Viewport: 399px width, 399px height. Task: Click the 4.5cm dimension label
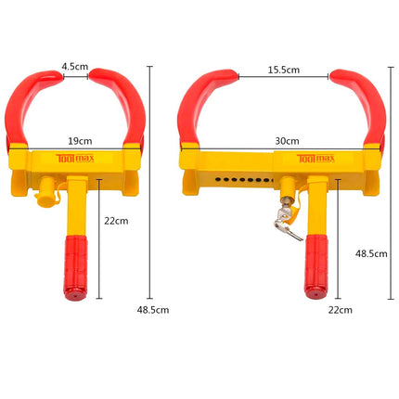coord(75,67)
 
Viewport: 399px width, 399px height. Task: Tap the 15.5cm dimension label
coord(284,70)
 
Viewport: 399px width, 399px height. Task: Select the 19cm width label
coord(80,141)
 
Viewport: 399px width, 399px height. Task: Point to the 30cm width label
coord(287,141)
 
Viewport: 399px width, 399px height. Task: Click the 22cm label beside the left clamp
coord(116,221)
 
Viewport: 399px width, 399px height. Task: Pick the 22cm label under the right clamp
coord(341,310)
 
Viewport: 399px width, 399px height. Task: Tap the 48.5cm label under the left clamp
coord(153,310)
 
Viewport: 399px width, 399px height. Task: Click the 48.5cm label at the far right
coord(371,254)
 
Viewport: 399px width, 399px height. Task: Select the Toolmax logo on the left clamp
coord(75,159)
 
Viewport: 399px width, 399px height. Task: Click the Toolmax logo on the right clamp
coord(315,159)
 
